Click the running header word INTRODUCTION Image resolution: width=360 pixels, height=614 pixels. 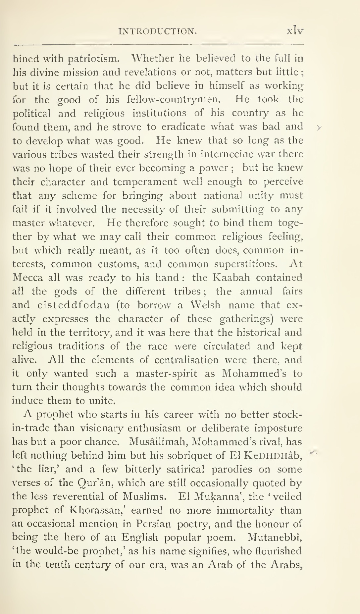point(158,31)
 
